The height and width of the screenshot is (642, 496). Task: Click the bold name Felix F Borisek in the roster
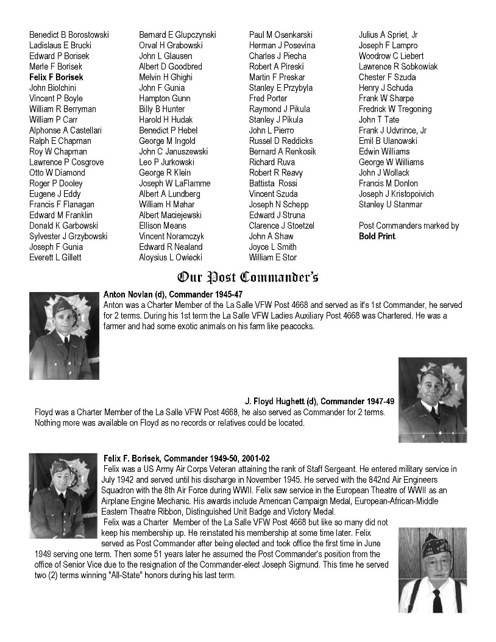[x=56, y=77]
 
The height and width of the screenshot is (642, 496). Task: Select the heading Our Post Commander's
[x=247, y=278]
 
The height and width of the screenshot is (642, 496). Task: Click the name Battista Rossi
[x=273, y=184]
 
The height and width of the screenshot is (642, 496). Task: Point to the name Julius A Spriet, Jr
[x=388, y=35]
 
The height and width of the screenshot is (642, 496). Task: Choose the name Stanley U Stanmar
[x=391, y=205]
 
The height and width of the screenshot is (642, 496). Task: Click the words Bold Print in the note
[x=377, y=237]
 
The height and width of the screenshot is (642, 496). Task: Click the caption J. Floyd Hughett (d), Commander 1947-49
[x=319, y=402]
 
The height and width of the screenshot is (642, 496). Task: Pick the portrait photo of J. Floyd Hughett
[x=432, y=399]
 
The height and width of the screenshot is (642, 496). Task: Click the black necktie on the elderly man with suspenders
[x=437, y=600]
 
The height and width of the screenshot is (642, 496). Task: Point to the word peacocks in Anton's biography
[x=297, y=326]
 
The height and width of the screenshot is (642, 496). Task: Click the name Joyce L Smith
[x=273, y=247]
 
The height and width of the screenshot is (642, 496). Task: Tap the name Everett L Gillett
[x=55, y=258]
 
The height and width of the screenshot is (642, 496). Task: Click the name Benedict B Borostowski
[x=69, y=35]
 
